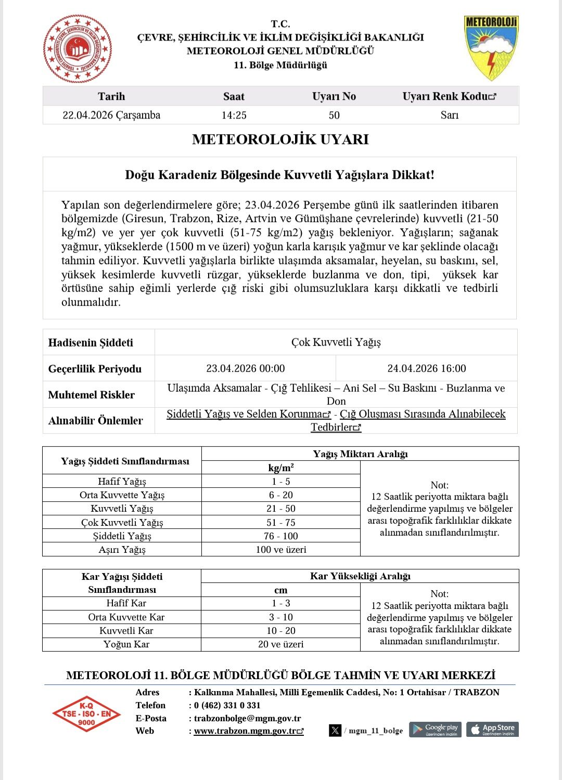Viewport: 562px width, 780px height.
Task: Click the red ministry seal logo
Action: point(77,49)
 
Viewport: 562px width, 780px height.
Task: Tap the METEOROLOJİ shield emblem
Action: point(491,48)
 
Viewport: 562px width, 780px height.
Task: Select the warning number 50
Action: point(334,115)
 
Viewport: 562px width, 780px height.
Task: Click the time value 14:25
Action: point(234,115)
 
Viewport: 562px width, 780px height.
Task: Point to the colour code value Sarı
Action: point(450,115)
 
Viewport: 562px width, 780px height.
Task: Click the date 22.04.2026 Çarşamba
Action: point(111,115)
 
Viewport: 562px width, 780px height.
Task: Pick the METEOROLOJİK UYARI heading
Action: point(280,139)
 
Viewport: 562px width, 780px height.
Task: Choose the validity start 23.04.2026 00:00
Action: point(246,369)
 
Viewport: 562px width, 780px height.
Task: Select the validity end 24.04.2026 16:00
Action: point(427,369)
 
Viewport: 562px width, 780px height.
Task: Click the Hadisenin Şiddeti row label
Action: point(91,343)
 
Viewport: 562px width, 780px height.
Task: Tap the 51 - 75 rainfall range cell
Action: point(281,523)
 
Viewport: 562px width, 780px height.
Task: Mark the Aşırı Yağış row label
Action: point(122,550)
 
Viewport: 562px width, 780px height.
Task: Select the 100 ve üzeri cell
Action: point(281,550)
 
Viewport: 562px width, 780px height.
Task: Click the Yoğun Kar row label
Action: point(126,644)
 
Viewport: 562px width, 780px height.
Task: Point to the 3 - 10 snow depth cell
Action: point(281,617)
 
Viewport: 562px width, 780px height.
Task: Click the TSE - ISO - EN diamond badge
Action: point(86,714)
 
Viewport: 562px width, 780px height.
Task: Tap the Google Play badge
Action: point(436,730)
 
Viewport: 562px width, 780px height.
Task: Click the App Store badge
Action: point(492,730)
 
